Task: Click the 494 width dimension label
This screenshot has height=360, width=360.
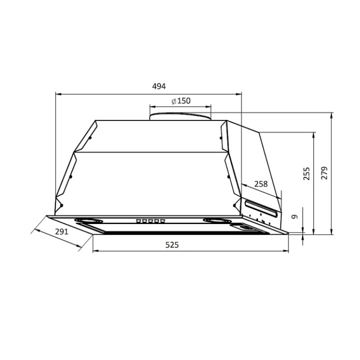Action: coord(159,86)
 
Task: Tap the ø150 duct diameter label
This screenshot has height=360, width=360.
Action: coord(181,101)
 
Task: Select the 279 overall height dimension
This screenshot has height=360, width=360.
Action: coord(324,173)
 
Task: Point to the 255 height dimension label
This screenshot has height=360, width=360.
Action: coord(306,173)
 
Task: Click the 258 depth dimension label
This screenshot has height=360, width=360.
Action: coord(261,184)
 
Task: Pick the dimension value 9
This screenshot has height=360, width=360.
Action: coord(294,216)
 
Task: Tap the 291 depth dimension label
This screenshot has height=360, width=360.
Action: coord(62,231)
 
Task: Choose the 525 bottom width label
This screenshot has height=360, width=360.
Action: coord(172,245)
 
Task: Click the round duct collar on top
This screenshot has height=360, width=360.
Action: coord(180,116)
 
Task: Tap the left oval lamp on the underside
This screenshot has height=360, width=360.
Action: coord(88,221)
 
